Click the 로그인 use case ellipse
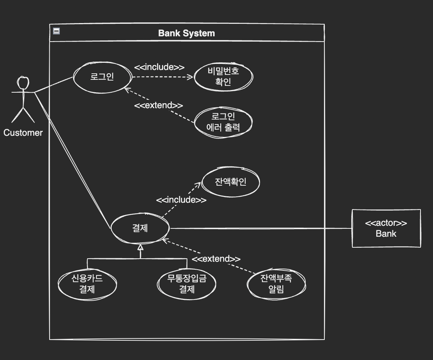(102, 77)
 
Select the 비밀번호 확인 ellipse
(223, 77)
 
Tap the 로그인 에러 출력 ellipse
(223, 122)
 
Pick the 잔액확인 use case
(231, 182)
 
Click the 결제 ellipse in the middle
(140, 228)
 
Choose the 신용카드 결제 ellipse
(87, 284)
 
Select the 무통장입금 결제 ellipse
(187, 284)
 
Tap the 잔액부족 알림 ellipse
(276, 284)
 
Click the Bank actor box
(386, 228)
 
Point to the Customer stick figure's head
(23, 83)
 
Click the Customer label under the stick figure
(23, 133)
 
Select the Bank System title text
(186, 33)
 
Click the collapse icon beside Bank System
(56, 31)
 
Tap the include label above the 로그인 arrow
(159, 67)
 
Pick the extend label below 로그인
(159, 105)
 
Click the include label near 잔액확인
(181, 200)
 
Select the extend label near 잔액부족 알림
(216, 259)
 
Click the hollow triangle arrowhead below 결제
(140, 248)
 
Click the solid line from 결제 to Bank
(261, 228)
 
